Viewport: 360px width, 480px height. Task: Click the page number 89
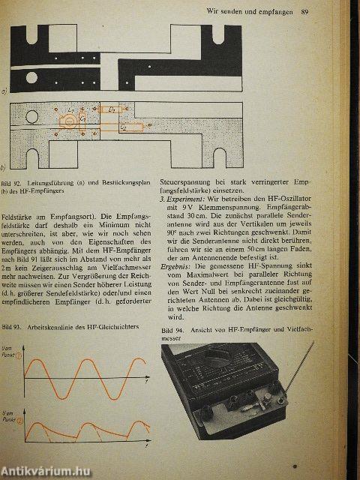coord(304,11)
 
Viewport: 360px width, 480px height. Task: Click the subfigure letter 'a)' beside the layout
coord(6,91)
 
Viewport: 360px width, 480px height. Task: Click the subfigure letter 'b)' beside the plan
coord(6,166)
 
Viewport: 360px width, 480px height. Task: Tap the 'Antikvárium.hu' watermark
coord(48,469)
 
